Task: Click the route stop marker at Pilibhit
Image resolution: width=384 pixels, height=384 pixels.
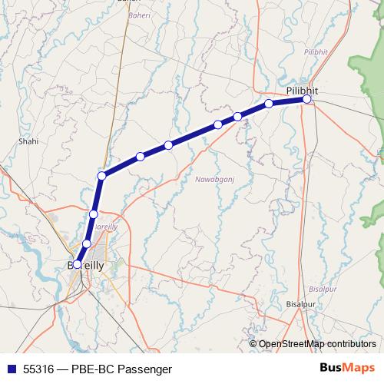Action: pyautogui.click(x=306, y=99)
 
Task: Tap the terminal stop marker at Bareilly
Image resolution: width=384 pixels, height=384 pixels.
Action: pyautogui.click(x=77, y=264)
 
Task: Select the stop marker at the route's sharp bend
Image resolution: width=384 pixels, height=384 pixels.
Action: pyautogui.click(x=101, y=176)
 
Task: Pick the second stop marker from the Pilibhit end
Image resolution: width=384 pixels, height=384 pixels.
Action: pyautogui.click(x=269, y=104)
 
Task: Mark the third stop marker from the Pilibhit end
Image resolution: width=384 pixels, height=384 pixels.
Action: pyautogui.click(x=238, y=116)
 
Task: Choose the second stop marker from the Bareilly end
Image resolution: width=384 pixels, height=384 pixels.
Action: pyautogui.click(x=86, y=243)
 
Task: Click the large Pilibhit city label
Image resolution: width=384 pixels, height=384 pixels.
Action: pyautogui.click(x=301, y=90)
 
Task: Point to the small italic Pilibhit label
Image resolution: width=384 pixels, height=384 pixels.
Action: pyautogui.click(x=316, y=51)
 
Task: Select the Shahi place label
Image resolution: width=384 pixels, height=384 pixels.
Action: pyautogui.click(x=28, y=141)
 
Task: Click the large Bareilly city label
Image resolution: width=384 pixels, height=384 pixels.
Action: pyautogui.click(x=93, y=264)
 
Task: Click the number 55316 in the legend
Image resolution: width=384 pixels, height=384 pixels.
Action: pyautogui.click(x=39, y=369)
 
